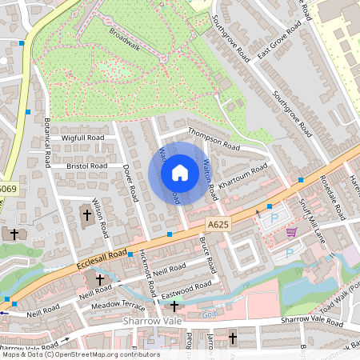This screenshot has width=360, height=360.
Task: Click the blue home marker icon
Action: point(180,173)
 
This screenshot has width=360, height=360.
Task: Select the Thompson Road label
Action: point(214,139)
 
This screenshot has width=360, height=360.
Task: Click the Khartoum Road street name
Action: point(243,175)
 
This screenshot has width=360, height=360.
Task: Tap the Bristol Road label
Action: point(87,166)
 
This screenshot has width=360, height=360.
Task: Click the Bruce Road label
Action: point(207,253)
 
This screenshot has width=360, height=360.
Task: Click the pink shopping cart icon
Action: point(291,232)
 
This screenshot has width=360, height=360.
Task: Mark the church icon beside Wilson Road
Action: point(86,214)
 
